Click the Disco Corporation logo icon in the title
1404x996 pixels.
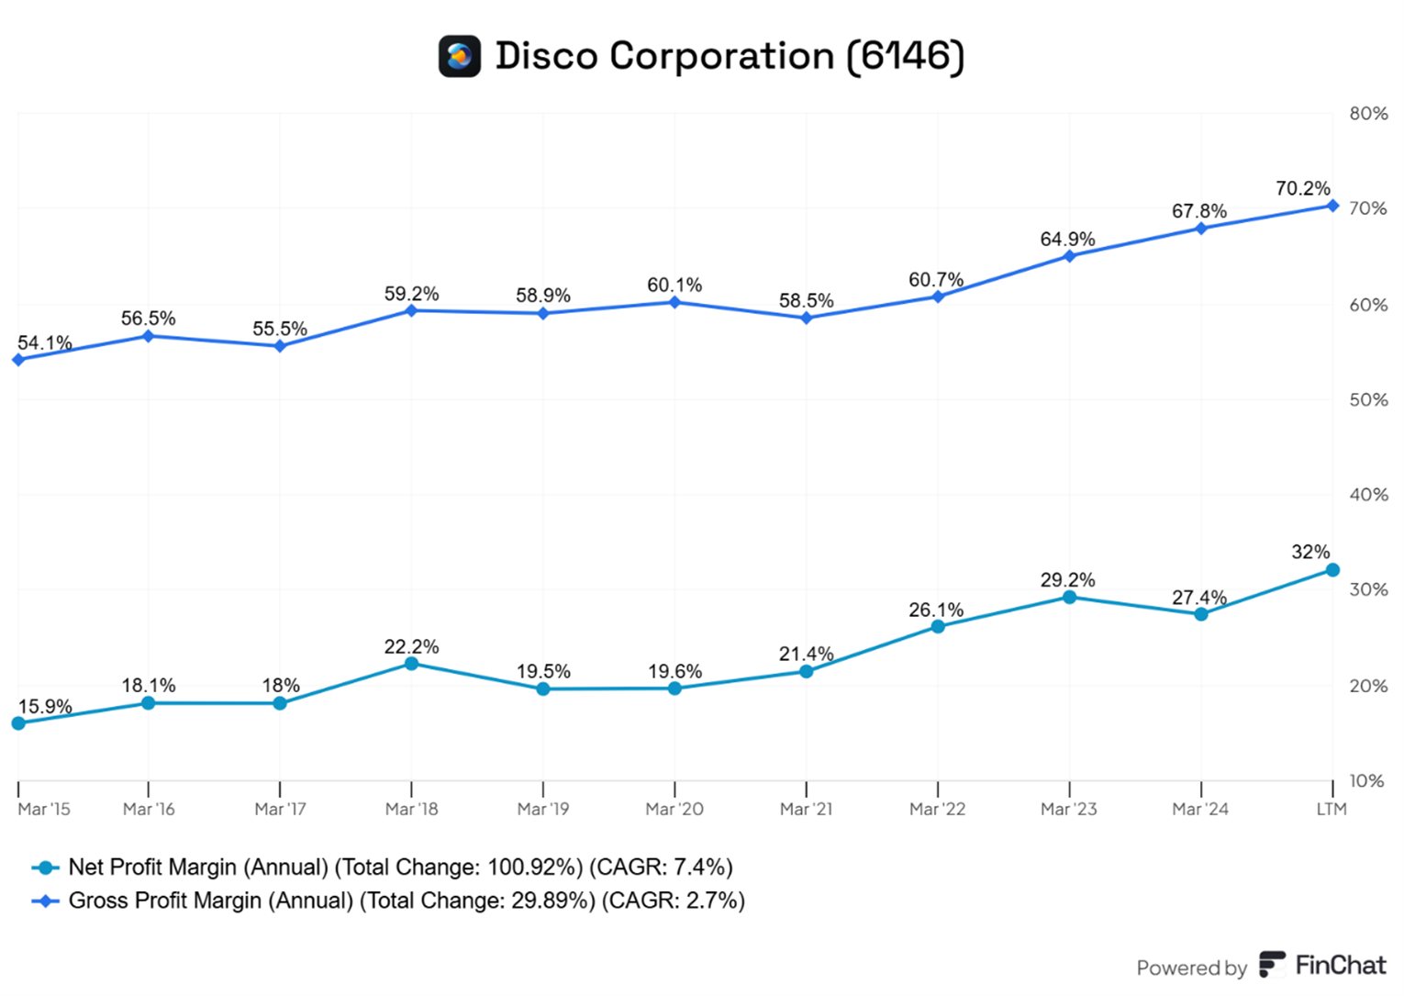click(459, 56)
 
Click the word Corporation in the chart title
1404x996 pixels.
click(721, 56)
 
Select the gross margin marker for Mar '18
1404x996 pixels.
click(411, 310)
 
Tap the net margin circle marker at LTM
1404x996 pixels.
click(1332, 570)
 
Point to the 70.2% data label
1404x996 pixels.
click(1302, 188)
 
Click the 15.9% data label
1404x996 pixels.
click(45, 706)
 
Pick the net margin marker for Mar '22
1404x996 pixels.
click(938, 627)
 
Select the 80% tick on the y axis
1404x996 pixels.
click(1367, 114)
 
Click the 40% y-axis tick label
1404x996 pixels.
click(1367, 495)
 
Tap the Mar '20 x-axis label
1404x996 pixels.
click(674, 809)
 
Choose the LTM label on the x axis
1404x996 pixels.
click(1331, 809)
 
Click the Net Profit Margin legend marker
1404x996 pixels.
click(45, 867)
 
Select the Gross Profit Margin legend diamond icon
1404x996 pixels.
click(45, 901)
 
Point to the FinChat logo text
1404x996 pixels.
click(1340, 966)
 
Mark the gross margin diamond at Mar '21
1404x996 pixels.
click(807, 319)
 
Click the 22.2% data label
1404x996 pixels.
click(411, 646)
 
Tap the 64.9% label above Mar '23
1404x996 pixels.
click(1067, 239)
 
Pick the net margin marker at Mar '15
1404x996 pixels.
click(18, 723)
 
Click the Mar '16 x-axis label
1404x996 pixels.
click(149, 809)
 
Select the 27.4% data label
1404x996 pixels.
click(1198, 598)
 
